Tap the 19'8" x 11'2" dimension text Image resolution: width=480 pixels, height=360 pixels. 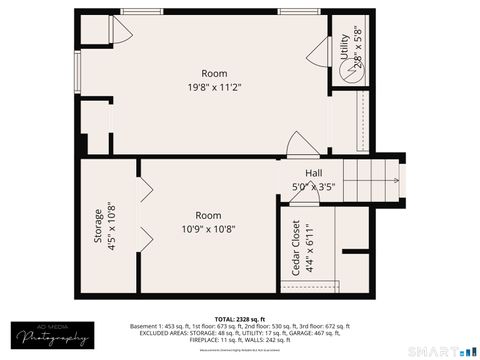(214, 88)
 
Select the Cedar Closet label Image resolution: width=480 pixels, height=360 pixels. (297, 249)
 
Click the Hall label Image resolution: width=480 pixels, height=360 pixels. (299, 173)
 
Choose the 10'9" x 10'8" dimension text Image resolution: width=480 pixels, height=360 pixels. (208, 229)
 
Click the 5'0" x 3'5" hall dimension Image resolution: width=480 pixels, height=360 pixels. (312, 186)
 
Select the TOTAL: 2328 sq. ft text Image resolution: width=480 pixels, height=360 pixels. (240, 319)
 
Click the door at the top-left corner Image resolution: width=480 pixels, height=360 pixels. (117, 32)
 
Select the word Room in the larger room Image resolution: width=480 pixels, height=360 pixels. (214, 73)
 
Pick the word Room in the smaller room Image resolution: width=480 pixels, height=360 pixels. (208, 215)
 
